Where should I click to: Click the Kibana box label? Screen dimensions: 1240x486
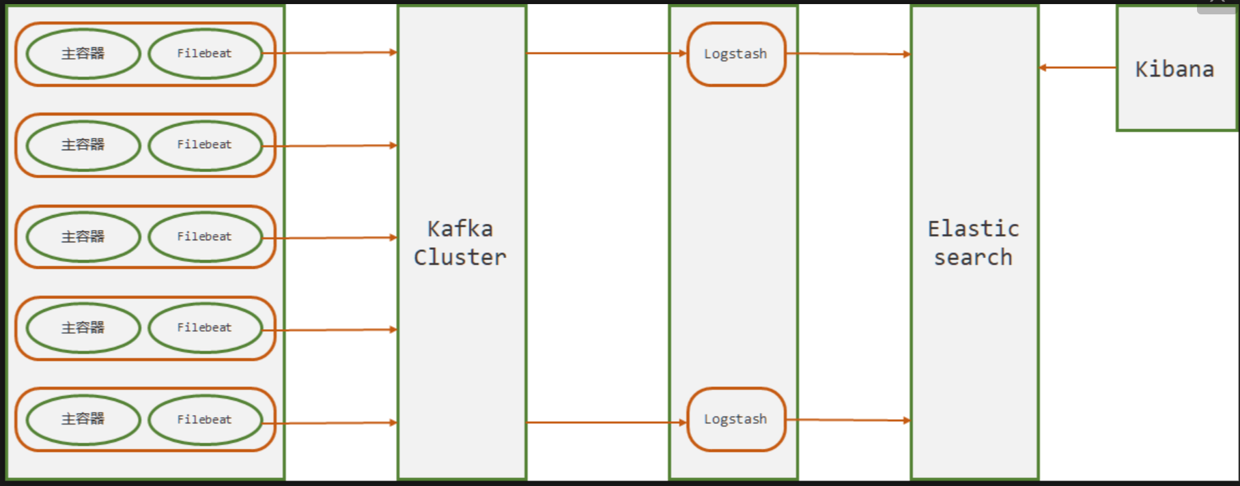1174,69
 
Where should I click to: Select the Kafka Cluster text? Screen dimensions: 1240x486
460,243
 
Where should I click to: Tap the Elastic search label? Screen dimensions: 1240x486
974,243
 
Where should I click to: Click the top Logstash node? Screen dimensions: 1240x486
736,54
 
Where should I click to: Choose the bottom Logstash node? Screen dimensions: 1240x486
736,419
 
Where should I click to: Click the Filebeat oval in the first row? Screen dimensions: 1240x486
206,53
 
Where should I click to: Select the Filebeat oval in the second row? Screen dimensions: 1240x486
206,145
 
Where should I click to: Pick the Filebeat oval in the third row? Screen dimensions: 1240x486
206,237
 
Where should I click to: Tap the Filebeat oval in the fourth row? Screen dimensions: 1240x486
206,328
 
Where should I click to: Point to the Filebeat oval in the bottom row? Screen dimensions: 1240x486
206,420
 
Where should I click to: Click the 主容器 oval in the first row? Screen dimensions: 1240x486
83,53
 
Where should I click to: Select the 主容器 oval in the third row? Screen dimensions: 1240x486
83,237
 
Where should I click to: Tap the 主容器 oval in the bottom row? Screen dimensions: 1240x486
83,420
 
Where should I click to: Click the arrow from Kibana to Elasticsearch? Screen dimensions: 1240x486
1077,68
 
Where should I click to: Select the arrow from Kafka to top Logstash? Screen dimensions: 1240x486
606,53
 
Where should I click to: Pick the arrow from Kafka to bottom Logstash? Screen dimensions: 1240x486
606,423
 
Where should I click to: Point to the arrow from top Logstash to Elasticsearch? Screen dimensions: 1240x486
849,53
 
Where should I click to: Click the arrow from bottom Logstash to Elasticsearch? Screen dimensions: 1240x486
849,420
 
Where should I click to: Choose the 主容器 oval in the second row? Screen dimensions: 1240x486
83,145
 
